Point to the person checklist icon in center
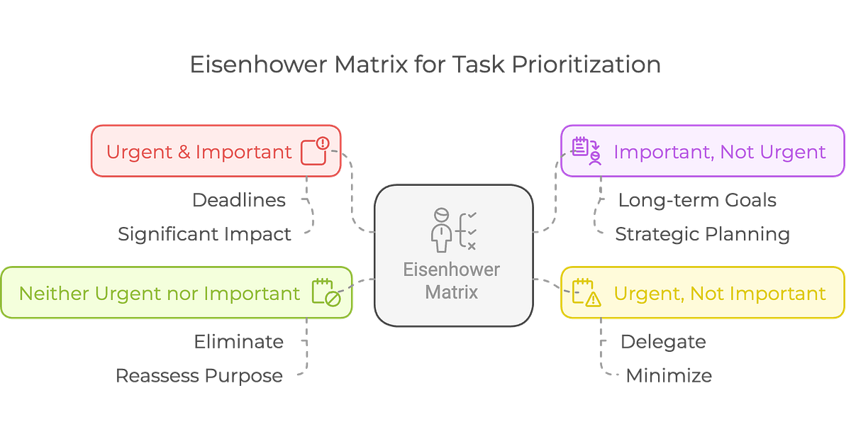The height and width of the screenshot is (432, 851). click(452, 229)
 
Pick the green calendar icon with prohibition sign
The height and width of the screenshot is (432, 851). click(327, 293)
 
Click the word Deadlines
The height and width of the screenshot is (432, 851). click(240, 200)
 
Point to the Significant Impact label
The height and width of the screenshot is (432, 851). click(204, 233)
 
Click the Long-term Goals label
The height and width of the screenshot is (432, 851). click(698, 200)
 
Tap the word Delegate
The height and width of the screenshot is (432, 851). click(663, 342)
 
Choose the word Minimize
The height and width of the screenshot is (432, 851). click(669, 375)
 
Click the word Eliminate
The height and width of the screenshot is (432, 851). click(239, 342)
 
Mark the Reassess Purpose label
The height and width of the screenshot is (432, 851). click(200, 375)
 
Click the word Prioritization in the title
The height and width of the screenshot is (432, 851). click(588, 65)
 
